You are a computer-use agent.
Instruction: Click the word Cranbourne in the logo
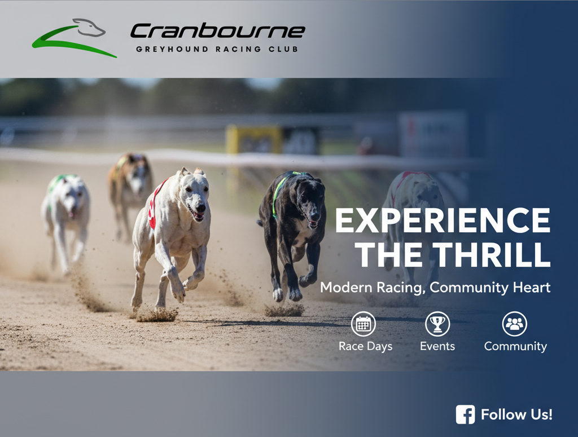[217, 31]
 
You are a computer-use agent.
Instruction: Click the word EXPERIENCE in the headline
[443, 221]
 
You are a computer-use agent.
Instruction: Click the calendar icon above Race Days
[364, 324]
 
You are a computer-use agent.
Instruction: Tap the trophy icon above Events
[437, 324]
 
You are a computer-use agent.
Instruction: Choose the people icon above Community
[514, 324]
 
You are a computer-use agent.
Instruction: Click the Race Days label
[365, 346]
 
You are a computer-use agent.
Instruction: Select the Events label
[437, 346]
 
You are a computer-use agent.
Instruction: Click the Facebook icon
[465, 414]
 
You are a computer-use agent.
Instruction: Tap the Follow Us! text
[516, 414]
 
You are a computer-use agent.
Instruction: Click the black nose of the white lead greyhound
[200, 208]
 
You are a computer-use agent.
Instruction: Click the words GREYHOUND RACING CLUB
[217, 49]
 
